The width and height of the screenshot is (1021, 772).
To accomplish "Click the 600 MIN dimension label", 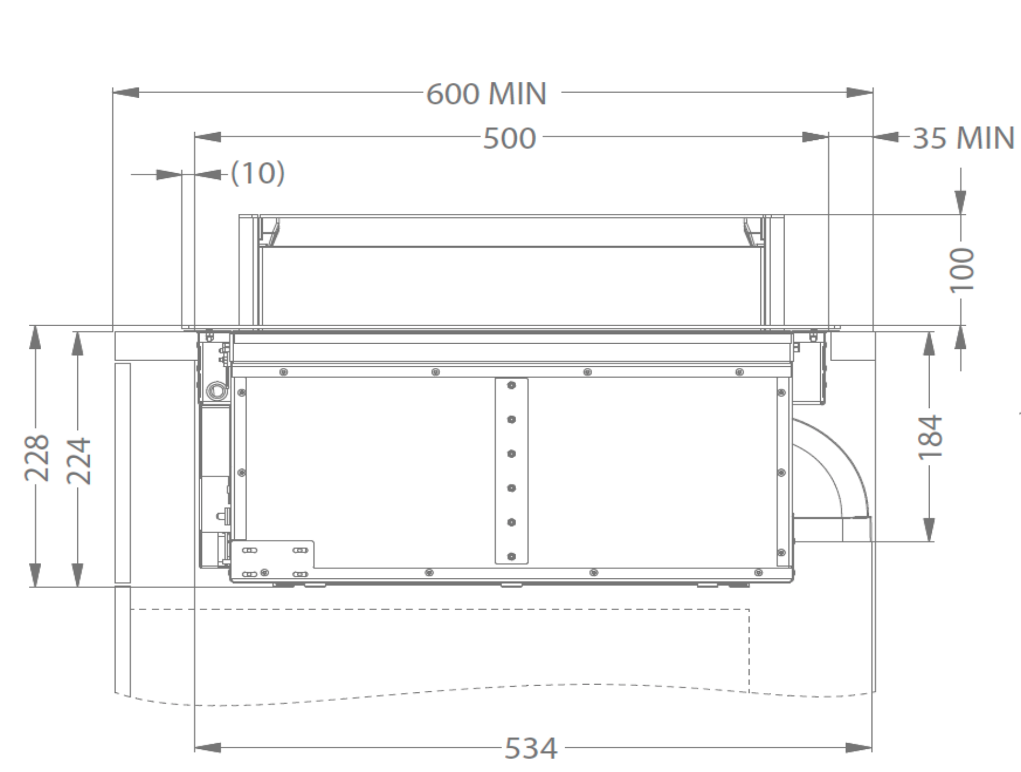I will (x=486, y=94).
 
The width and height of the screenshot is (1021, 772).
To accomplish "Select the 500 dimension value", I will (x=509, y=138).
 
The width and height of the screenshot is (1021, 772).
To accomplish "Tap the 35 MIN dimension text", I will (x=963, y=138).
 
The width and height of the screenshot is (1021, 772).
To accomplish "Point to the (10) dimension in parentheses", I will (x=258, y=173).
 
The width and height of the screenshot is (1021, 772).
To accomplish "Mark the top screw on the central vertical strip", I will (x=512, y=385).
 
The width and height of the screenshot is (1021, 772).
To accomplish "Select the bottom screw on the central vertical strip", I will (x=512, y=556).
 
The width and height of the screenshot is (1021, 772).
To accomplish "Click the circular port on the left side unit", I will (x=215, y=389).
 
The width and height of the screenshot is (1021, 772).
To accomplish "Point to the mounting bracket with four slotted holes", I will (x=273, y=560).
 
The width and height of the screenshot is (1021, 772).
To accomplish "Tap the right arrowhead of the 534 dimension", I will (x=860, y=748).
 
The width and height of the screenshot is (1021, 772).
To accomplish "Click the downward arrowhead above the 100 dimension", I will (x=961, y=202).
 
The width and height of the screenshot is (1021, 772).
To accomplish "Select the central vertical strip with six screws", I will (x=512, y=471).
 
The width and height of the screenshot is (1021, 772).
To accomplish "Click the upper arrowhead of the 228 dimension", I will (x=35, y=339).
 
